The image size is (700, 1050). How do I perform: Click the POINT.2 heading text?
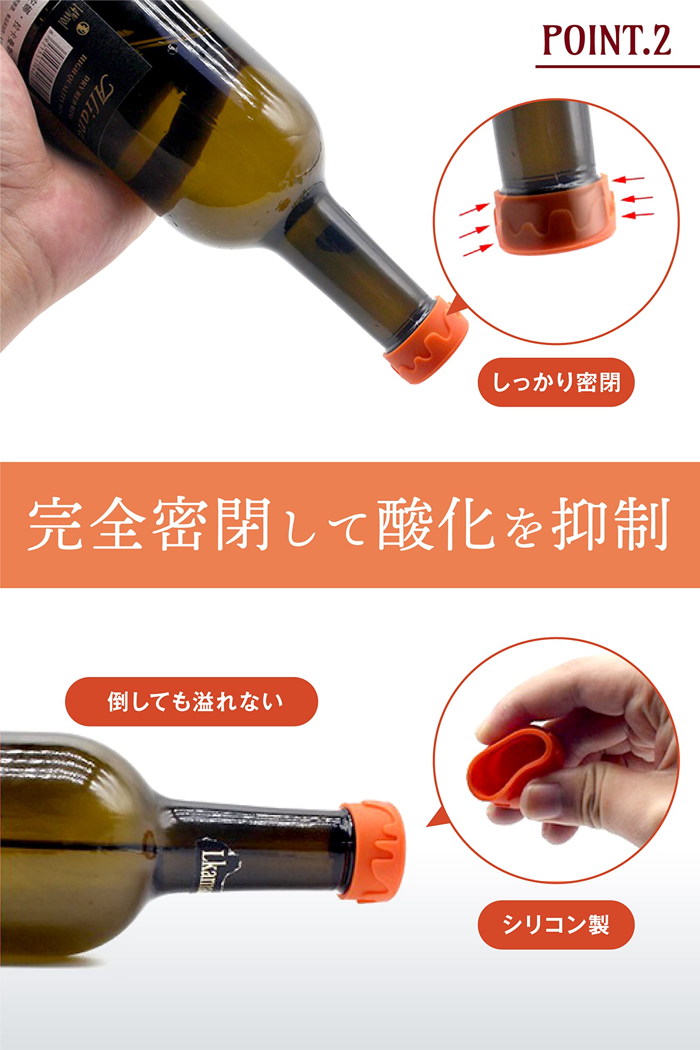pyautogui.click(x=606, y=41)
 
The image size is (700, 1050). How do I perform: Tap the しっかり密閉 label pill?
pyautogui.click(x=555, y=382)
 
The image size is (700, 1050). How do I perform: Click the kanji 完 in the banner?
pyautogui.click(x=56, y=524)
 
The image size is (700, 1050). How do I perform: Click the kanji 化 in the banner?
pyautogui.click(x=464, y=524)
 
